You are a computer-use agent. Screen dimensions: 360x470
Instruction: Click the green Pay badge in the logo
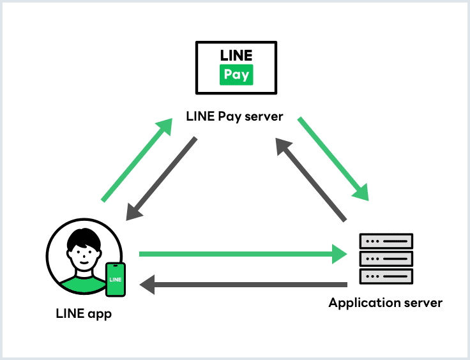pyautogui.click(x=236, y=75)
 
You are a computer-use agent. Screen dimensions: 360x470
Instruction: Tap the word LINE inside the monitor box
pyautogui.click(x=236, y=55)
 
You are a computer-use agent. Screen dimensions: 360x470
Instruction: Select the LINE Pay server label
pyautogui.click(x=234, y=117)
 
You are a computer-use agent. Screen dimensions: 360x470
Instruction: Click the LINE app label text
pyautogui.click(x=84, y=313)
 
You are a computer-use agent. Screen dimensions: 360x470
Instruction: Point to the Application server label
pyautogui.click(x=385, y=303)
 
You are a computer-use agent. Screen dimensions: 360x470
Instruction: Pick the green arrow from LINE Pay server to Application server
pyautogui.click(x=333, y=158)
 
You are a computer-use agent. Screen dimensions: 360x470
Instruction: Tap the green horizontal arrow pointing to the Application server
pyautogui.click(x=243, y=254)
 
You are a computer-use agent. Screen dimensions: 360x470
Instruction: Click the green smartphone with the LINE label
pyautogui.click(x=116, y=280)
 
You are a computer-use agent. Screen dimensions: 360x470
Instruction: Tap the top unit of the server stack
pyautogui.click(x=386, y=241)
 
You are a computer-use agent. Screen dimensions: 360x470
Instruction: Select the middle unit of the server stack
pyautogui.click(x=386, y=259)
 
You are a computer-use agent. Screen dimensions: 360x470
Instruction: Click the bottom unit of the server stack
pyautogui.click(x=386, y=276)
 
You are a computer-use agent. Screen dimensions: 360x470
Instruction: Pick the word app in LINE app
pyautogui.click(x=100, y=315)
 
